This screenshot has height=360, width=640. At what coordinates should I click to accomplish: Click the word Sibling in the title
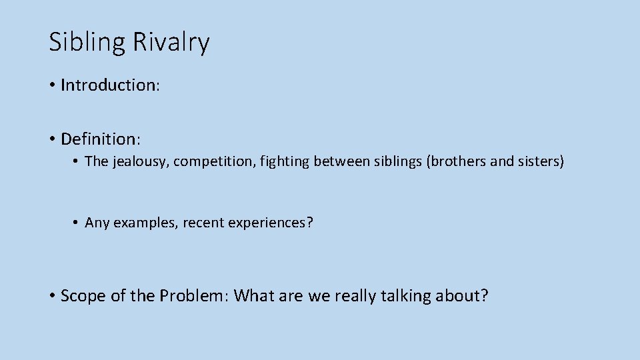87,43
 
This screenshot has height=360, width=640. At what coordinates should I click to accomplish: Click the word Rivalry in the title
171,43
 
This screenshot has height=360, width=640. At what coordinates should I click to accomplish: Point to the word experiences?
270,223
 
